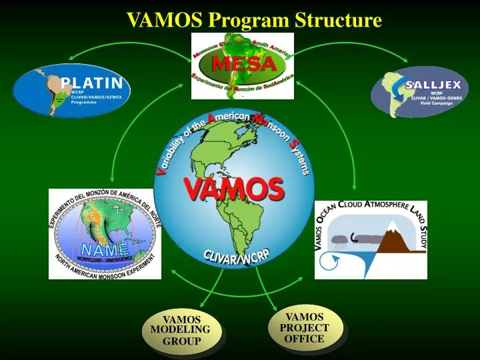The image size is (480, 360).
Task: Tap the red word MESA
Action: click(243, 65)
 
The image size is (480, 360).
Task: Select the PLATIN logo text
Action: click(91, 83)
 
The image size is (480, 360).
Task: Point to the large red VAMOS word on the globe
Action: click(234, 190)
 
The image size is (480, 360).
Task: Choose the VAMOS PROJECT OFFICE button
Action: click(305, 327)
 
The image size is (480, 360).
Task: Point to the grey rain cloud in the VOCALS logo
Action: click(341, 237)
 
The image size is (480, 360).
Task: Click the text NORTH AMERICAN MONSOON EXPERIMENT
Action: click(104, 267)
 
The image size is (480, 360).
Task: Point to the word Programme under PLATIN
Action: click(81, 105)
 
